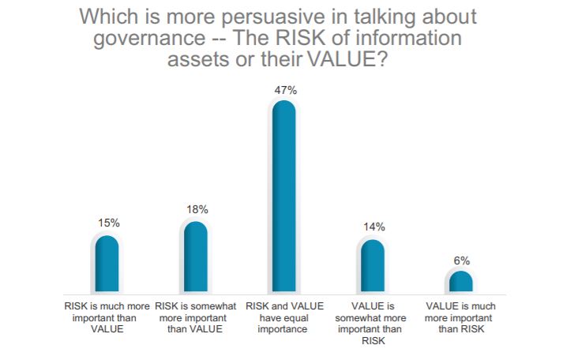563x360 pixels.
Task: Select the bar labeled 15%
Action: (107, 264)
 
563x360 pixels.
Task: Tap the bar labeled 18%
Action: (195, 257)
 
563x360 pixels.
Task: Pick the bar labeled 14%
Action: (372, 267)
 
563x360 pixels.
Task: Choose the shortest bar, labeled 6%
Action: (460, 282)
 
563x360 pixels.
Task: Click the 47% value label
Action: (284, 91)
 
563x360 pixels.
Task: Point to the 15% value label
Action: (107, 223)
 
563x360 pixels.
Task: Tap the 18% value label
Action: (196, 209)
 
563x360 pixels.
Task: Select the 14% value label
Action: (373, 227)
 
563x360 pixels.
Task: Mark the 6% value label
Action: (461, 260)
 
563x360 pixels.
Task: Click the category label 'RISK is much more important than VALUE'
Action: (107, 316)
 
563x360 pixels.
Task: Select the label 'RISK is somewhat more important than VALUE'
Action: (195, 316)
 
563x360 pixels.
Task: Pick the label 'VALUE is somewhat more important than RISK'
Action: (372, 322)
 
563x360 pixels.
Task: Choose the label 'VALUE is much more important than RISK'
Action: (460, 316)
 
